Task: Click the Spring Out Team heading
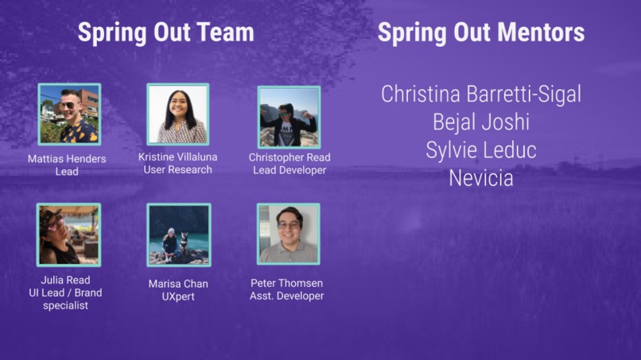pyautogui.click(x=165, y=33)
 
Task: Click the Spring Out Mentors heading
pyautogui.click(x=480, y=33)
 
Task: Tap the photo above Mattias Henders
pyautogui.click(x=69, y=114)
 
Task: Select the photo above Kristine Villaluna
pyautogui.click(x=177, y=114)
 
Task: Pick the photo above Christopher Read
pyautogui.click(x=289, y=117)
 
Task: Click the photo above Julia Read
pyautogui.click(x=68, y=234)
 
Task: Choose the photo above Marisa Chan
pyautogui.click(x=178, y=234)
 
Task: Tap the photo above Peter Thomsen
pyautogui.click(x=288, y=234)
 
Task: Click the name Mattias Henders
pyautogui.click(x=67, y=159)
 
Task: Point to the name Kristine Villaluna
pyautogui.click(x=177, y=157)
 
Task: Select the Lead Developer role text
pyautogui.click(x=289, y=169)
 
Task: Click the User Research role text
pyautogui.click(x=177, y=169)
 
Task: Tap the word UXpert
pyautogui.click(x=178, y=296)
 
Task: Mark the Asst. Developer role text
pyautogui.click(x=287, y=296)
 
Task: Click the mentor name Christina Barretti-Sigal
pyautogui.click(x=480, y=94)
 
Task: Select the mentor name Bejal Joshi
pyautogui.click(x=480, y=122)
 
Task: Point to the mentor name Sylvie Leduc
pyautogui.click(x=480, y=149)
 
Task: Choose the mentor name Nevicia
pyautogui.click(x=480, y=178)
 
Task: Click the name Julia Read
pyautogui.click(x=65, y=280)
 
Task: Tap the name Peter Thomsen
pyautogui.click(x=287, y=283)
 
